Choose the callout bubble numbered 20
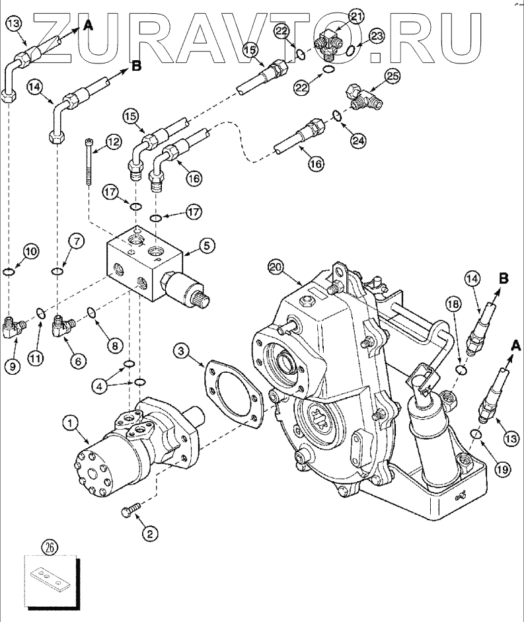pos(276,267)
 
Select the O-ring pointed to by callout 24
pos(337,116)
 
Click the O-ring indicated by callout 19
pos(475,434)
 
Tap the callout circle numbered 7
pos(77,243)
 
